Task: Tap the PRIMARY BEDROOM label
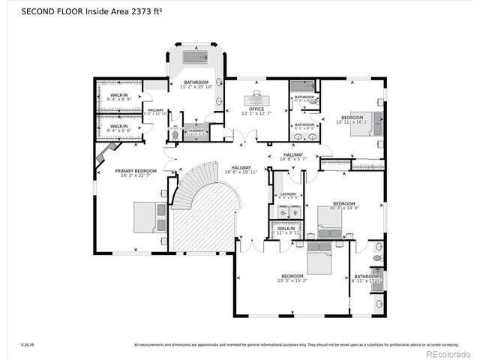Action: click(135, 171)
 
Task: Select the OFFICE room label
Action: click(257, 109)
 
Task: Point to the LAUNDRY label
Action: click(288, 194)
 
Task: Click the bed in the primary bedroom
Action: click(149, 217)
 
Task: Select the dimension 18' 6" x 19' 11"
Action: click(241, 172)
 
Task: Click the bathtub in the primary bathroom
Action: click(195, 57)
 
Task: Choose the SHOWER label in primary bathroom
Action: click(196, 130)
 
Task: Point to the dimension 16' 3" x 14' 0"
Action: click(343, 208)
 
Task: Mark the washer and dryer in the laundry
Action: click(287, 213)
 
